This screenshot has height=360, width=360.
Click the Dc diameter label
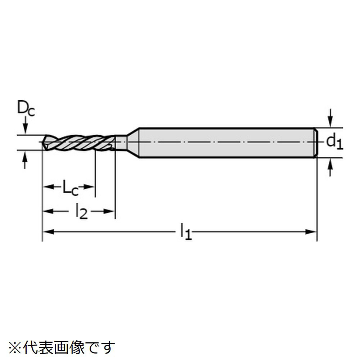click(x=26, y=109)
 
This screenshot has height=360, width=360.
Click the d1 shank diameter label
click(x=334, y=142)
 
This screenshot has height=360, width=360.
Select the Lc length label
click(x=70, y=188)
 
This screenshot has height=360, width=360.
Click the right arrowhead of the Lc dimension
click(x=90, y=187)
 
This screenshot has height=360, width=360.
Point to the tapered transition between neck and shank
click(x=133, y=142)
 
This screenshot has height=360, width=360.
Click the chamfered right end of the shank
click(x=316, y=143)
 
